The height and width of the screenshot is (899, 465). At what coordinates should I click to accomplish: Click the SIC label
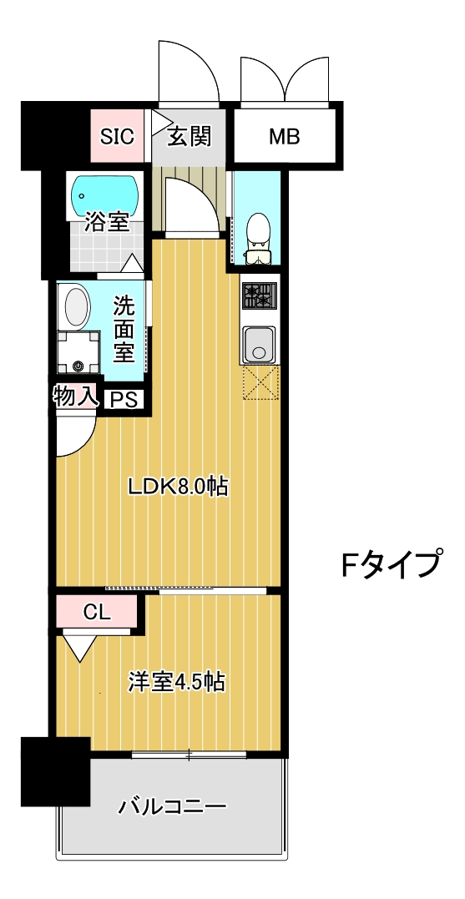(118, 137)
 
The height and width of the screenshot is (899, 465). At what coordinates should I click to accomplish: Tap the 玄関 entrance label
(189, 137)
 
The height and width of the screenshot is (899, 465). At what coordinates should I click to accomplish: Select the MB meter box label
(284, 137)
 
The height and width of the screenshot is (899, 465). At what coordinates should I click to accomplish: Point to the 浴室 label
(108, 223)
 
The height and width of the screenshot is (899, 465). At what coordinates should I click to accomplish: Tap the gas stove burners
(259, 295)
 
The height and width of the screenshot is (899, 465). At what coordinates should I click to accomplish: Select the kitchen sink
(259, 342)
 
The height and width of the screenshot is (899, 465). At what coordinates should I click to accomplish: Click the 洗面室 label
(124, 328)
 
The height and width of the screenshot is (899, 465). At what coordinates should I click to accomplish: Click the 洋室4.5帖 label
(176, 682)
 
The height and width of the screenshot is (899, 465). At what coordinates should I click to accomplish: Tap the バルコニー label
(173, 808)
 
